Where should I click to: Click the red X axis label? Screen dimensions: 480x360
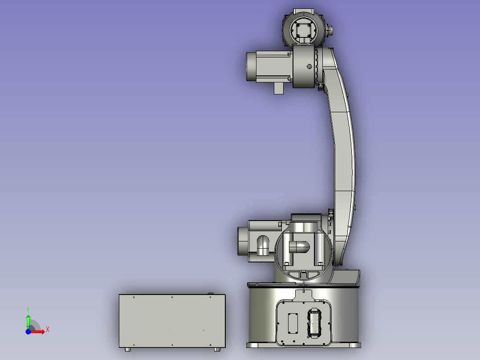pos(48,330)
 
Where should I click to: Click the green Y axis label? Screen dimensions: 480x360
pos(28,310)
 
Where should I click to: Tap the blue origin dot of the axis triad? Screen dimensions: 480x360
pos(28,331)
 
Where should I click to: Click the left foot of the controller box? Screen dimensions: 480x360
pos(128,349)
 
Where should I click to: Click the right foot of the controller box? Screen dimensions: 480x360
pos(217,349)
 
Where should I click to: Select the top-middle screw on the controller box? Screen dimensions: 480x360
pos(172,297)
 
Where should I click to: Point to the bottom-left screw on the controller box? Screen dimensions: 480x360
pos(134,345)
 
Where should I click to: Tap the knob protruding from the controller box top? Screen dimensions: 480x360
pos(211,294)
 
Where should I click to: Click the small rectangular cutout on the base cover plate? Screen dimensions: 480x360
pos(293,323)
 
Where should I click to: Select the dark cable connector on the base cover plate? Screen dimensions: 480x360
pos(314,323)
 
